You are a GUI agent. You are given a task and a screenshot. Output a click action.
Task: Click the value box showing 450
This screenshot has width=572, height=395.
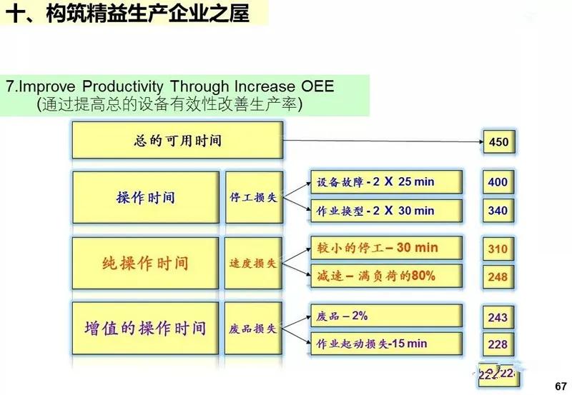pyautogui.click(x=498, y=142)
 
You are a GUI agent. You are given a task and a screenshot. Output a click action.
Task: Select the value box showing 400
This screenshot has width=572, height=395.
pyautogui.click(x=498, y=182)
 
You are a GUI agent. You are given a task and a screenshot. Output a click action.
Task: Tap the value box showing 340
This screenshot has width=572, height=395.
pyautogui.click(x=498, y=211)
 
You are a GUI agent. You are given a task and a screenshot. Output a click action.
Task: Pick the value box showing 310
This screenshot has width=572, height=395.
pyautogui.click(x=498, y=249)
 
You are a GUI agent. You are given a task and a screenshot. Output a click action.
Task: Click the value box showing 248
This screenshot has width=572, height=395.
pyautogui.click(x=498, y=276)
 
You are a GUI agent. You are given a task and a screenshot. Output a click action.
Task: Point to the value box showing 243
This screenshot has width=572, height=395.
pyautogui.click(x=498, y=317)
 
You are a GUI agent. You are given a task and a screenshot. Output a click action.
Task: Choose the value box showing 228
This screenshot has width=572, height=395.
pyautogui.click(x=498, y=344)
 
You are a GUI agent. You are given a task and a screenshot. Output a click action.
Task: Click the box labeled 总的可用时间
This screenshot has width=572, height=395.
pyautogui.click(x=177, y=140)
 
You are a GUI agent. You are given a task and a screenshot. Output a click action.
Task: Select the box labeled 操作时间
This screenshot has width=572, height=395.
pyautogui.click(x=145, y=197)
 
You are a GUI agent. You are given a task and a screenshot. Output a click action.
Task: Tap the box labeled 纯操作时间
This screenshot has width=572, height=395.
pyautogui.click(x=145, y=263)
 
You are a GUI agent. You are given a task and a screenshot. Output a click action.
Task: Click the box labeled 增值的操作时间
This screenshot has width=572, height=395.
pyautogui.click(x=145, y=329)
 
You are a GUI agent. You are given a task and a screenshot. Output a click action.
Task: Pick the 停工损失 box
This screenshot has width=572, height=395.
pyautogui.click(x=252, y=197)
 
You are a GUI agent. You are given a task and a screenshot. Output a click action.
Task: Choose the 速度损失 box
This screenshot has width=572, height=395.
pyautogui.click(x=252, y=263)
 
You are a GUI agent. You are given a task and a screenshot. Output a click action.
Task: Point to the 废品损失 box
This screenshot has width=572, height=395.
pyautogui.click(x=252, y=329)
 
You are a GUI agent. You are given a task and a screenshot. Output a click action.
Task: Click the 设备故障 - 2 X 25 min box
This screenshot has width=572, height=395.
pyautogui.click(x=386, y=182)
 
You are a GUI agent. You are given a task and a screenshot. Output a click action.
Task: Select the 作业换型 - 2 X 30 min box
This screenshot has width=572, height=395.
pyautogui.click(x=386, y=211)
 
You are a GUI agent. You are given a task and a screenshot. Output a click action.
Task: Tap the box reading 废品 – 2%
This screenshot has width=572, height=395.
pyautogui.click(x=386, y=316)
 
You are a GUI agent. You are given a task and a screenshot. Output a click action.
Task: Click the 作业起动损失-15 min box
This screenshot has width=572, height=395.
pyautogui.click(x=386, y=344)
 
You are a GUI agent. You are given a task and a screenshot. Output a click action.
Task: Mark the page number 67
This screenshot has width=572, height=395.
pyautogui.click(x=560, y=385)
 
